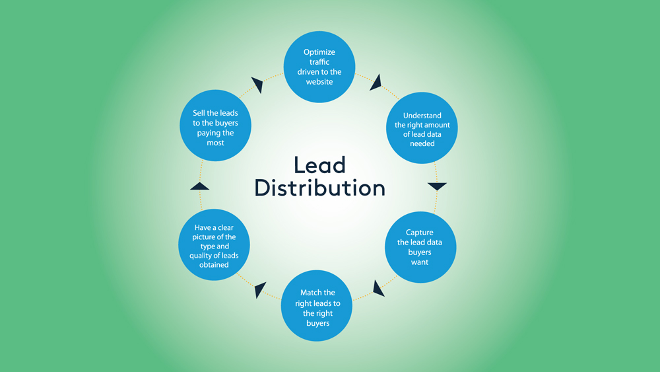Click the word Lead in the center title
pyautogui.click(x=319, y=165)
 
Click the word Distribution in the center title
pyautogui.click(x=319, y=188)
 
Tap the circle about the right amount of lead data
pyautogui.click(x=422, y=129)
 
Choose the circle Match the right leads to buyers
pyautogui.click(x=317, y=307)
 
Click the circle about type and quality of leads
pyautogui.click(x=215, y=246)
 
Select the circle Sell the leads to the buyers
pyautogui.click(x=215, y=128)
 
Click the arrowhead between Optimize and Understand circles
pyautogui.click(x=375, y=83)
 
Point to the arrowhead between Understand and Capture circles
pyautogui.click(x=437, y=186)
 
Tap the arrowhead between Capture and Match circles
pyautogui.click(x=378, y=288)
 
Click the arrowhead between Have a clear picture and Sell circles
pyautogui.click(x=199, y=186)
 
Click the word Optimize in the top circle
pyautogui.click(x=319, y=52)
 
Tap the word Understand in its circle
pyautogui.click(x=422, y=116)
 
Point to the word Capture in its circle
pyautogui.click(x=420, y=233)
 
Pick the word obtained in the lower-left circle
pyautogui.click(x=215, y=265)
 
